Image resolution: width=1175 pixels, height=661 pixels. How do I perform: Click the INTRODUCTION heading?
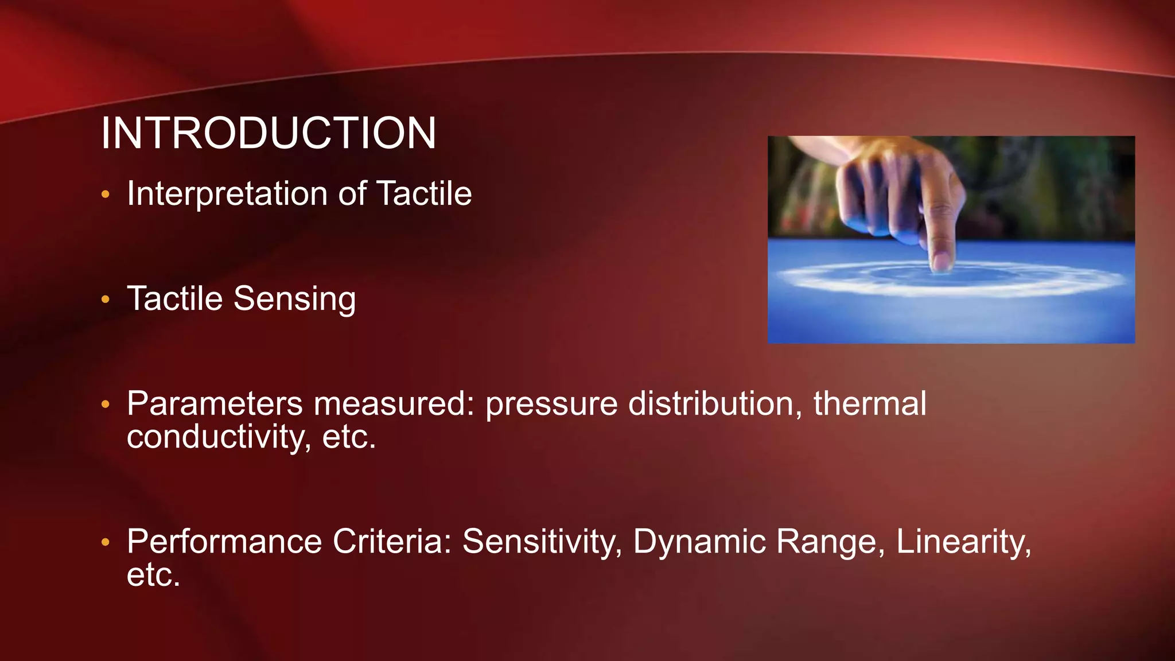[x=269, y=133]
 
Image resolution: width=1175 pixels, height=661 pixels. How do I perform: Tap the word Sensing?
[x=294, y=299]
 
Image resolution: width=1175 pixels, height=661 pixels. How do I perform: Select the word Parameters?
[x=215, y=403]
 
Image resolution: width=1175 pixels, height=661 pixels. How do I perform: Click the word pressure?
[x=551, y=405]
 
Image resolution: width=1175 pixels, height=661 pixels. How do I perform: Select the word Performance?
[x=224, y=541]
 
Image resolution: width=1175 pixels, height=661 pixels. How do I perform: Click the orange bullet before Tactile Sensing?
[x=105, y=299]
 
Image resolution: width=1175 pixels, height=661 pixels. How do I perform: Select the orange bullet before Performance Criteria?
[x=105, y=542]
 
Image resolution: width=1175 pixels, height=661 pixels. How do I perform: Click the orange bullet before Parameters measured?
[x=105, y=405]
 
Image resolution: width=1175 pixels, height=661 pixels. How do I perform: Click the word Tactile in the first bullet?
[x=423, y=194]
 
